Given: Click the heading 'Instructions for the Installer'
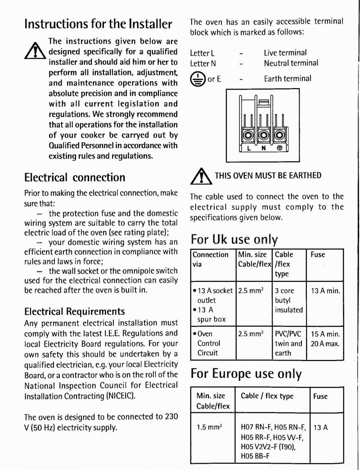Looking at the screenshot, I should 98,23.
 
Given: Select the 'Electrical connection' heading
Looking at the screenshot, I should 74,177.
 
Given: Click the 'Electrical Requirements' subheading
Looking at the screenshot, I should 74,311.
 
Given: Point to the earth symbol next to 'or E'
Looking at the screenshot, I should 197,79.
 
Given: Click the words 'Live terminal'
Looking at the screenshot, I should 285,53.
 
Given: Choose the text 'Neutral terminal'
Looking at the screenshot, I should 291,63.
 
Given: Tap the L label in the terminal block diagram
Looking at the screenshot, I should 248,148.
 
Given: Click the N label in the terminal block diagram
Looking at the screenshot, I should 263,148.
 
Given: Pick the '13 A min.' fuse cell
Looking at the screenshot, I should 325,291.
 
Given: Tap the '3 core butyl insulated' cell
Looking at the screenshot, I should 288,300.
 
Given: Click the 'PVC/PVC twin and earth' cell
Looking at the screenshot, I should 288,343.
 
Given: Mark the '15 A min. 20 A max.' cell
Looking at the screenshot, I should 325,339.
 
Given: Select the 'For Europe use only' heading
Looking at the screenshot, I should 246,374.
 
